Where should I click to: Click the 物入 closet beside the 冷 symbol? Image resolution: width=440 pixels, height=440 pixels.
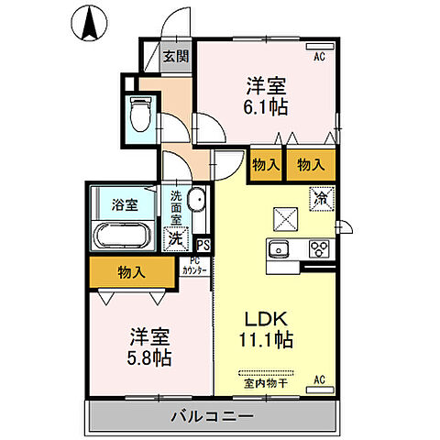tap(309, 165)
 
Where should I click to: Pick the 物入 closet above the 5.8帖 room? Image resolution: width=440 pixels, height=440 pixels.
tap(131, 271)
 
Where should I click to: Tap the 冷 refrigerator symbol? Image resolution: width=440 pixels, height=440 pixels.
tap(321, 197)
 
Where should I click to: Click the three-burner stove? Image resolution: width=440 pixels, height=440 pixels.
tap(318, 247)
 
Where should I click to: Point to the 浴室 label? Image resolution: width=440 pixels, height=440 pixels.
tap(125, 204)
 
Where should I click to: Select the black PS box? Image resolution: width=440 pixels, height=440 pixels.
tap(203, 245)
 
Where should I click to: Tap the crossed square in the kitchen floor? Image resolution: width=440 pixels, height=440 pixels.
tap(282, 217)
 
